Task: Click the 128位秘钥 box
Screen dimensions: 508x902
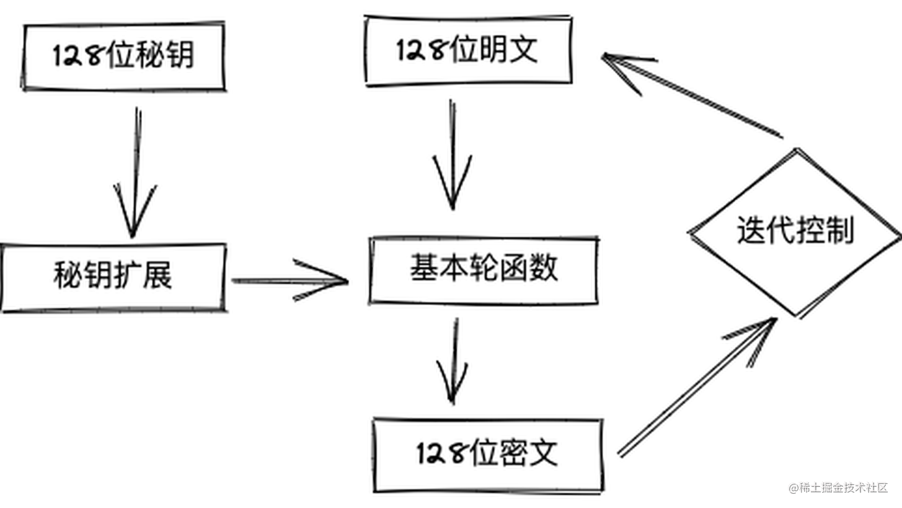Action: click(123, 56)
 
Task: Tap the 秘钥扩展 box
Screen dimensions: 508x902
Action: click(113, 277)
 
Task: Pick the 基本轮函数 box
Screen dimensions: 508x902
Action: click(484, 270)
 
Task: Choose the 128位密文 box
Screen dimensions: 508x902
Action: click(487, 455)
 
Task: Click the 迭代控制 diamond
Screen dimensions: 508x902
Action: click(795, 232)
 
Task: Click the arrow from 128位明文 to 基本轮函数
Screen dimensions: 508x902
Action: click(453, 155)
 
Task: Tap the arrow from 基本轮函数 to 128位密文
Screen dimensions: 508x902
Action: click(454, 360)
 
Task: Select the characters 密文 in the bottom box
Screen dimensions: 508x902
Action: click(533, 454)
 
